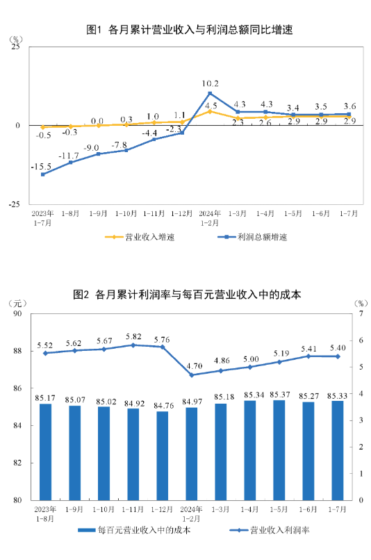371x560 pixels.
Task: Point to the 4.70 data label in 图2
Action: point(195,365)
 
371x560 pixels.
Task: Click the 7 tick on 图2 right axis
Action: point(361,314)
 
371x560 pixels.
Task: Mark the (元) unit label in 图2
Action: point(17,303)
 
